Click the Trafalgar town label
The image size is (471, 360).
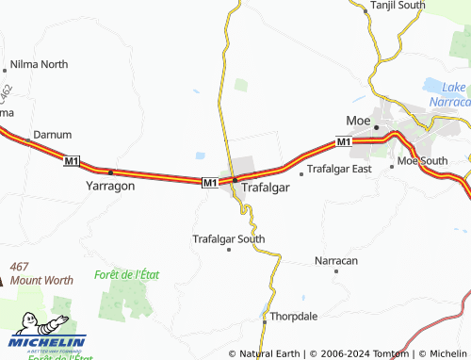pos(265,188)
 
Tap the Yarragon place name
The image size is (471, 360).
pos(111,186)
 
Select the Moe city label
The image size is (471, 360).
pos(358,122)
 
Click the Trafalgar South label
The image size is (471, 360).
pos(229,239)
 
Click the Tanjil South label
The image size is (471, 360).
pos(399,6)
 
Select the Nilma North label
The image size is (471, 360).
pos(39,65)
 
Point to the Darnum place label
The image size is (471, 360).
pos(52,135)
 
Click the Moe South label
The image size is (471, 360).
pos(422,161)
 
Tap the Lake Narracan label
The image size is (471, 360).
pos(448,94)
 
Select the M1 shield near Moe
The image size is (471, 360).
pos(343,142)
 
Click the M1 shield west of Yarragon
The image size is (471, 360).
pos(72,162)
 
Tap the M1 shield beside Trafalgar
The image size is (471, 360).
pos(209,182)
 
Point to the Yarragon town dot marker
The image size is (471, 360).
pos(111,172)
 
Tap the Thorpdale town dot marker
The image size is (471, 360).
pos(265,317)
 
